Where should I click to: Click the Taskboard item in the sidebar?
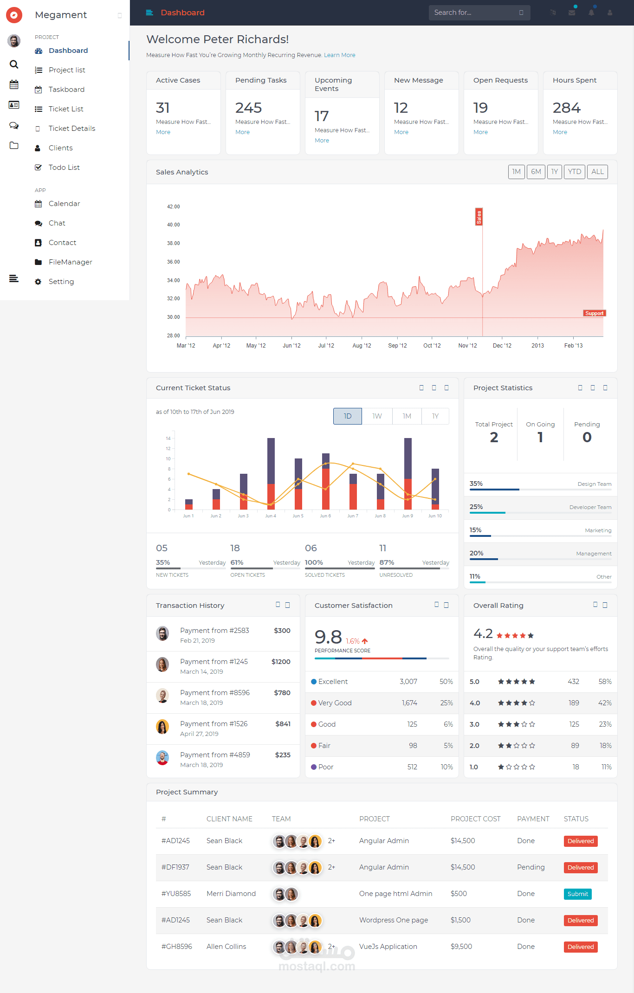tap(66, 90)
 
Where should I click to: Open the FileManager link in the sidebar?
tap(70, 262)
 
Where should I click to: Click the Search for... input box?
tap(479, 13)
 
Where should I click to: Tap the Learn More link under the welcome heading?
tap(340, 55)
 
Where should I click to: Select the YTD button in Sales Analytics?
tap(575, 172)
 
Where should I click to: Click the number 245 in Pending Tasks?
tap(248, 108)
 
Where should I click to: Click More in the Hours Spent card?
tap(560, 132)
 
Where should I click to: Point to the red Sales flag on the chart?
tap(479, 217)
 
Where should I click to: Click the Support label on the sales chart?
tap(595, 313)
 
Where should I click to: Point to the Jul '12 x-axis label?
tap(326, 346)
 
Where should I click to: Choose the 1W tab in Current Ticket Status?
tap(377, 416)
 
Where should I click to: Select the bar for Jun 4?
tap(271, 474)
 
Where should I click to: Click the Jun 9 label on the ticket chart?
tap(408, 516)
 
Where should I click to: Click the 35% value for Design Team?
tap(476, 484)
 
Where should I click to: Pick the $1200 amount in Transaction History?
tap(281, 662)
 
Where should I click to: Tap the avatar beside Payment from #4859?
tap(162, 758)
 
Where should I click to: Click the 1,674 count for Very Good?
tap(409, 703)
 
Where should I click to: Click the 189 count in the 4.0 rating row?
tap(574, 703)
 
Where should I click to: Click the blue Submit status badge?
tap(578, 894)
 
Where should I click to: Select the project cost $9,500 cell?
tap(461, 947)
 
